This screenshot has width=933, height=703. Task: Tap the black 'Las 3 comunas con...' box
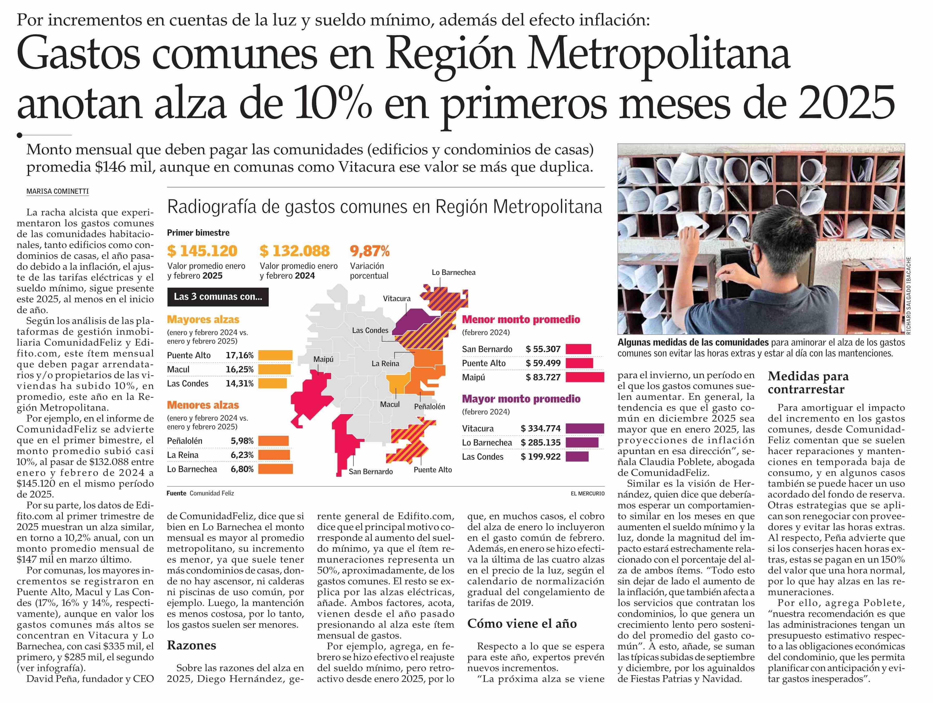tap(218, 297)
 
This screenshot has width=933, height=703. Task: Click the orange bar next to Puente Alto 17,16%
tap(275, 355)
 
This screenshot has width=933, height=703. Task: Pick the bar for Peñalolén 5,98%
tap(273, 441)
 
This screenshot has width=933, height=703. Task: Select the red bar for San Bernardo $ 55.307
tap(578, 349)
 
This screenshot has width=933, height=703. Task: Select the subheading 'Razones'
tap(192, 645)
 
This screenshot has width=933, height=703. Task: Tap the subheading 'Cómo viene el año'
tap(522, 624)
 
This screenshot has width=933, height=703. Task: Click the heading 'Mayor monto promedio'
tap(521, 399)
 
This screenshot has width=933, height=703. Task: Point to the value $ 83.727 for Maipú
tap(543, 377)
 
